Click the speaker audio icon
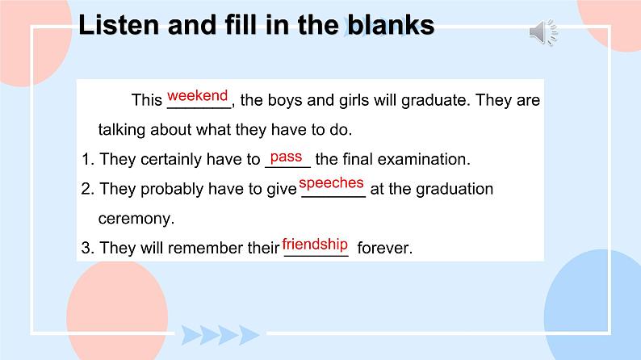543,31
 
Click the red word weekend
198,95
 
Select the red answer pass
286,157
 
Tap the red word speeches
331,183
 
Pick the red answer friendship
315,245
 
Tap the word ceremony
136,219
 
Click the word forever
385,248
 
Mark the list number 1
87,159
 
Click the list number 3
87,248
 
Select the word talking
122,130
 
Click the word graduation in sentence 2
455,190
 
